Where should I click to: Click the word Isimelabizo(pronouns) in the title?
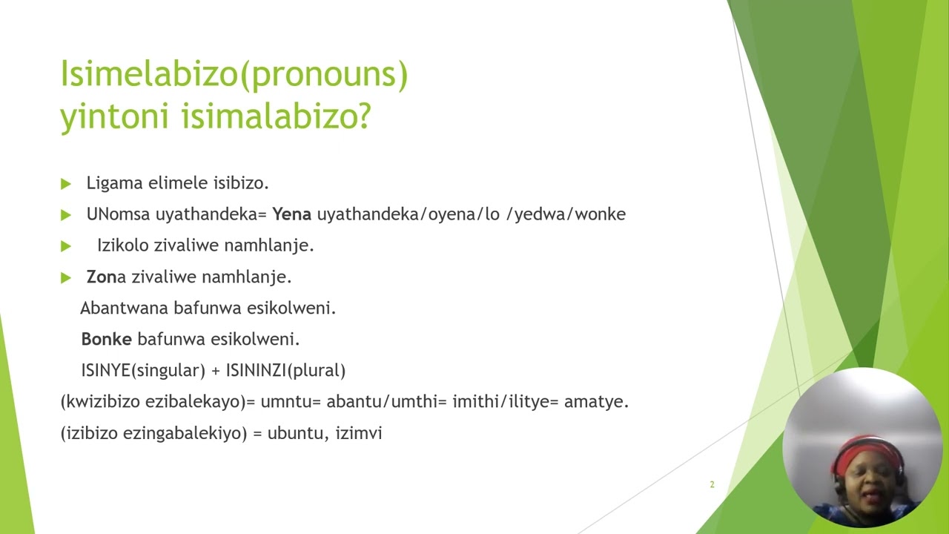(x=234, y=75)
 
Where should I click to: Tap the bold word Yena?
(x=291, y=214)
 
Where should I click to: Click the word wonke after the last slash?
(x=600, y=214)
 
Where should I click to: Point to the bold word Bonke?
(x=106, y=339)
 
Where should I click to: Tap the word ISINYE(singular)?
(x=143, y=370)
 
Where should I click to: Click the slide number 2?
(x=712, y=484)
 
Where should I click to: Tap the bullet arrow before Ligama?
(x=66, y=183)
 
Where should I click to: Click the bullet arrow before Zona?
(x=66, y=277)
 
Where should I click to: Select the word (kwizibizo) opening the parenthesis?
(x=101, y=402)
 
